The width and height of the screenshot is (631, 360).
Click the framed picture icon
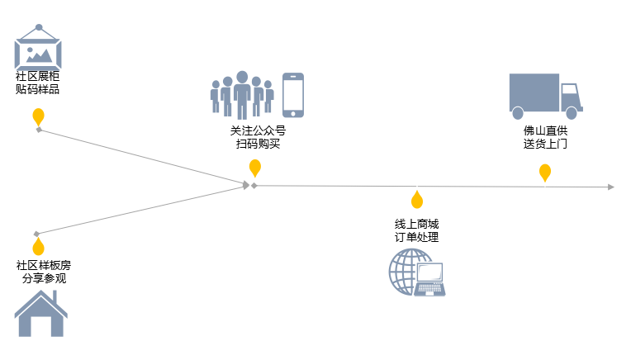point(38,48)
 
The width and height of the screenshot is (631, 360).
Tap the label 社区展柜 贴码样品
point(38,83)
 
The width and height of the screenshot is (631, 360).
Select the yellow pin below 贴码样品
point(38,116)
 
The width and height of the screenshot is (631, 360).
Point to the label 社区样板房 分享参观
point(44,272)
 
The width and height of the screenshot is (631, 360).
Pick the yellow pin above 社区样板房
point(38,246)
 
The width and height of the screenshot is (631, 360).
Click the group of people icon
point(241,95)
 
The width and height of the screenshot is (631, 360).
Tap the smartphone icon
point(293,95)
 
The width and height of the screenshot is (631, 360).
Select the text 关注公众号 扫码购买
point(259,137)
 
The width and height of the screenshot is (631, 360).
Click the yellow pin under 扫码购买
point(255,168)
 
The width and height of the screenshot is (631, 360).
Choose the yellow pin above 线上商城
point(417,200)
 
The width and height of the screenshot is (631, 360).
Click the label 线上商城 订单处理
point(417,230)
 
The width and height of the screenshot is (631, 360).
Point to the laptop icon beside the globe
point(430,279)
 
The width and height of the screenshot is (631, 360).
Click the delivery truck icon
point(545,95)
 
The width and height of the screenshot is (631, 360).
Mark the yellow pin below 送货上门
point(545,172)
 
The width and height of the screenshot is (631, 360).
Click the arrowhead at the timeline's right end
point(610,187)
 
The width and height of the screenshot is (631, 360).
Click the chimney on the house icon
point(61,297)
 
